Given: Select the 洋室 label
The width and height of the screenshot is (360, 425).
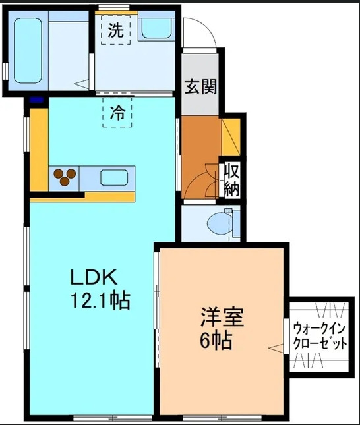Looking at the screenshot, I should point(223,319).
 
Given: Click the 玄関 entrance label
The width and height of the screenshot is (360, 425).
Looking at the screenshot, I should point(200,86).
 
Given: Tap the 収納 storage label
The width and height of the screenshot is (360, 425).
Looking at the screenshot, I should point(231,179).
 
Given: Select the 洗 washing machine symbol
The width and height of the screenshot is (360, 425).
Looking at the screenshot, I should point(115,30).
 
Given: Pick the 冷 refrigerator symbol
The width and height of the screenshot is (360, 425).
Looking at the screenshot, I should point(117,112).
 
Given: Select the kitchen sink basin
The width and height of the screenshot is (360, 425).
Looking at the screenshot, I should point(115,177).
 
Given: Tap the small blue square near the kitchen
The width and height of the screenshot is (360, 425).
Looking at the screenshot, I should point(36,100).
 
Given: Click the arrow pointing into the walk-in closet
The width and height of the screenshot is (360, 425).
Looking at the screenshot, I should point(274,346).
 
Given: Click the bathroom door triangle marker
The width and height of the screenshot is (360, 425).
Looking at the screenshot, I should point(83,83).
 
